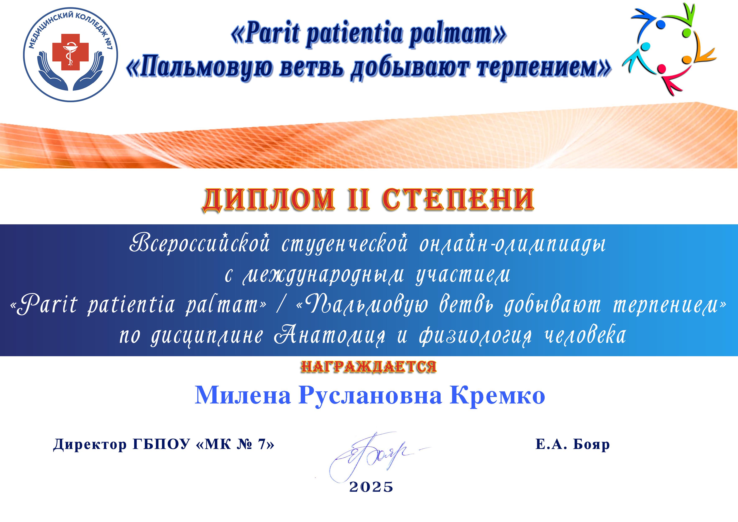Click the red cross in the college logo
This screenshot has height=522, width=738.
70,53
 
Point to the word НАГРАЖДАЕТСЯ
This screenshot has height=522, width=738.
369,367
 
